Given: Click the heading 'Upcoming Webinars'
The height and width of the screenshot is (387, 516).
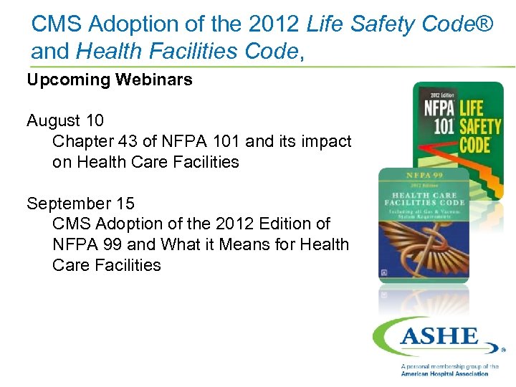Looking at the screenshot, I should pos(110,80).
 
